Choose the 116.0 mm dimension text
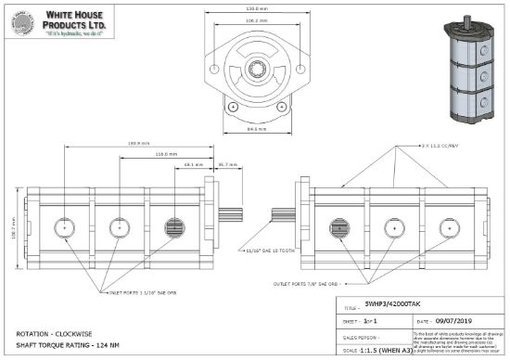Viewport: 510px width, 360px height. [140, 154]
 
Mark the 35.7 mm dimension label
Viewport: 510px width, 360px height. [227, 164]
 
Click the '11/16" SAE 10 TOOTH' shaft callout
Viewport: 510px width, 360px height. [268, 250]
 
